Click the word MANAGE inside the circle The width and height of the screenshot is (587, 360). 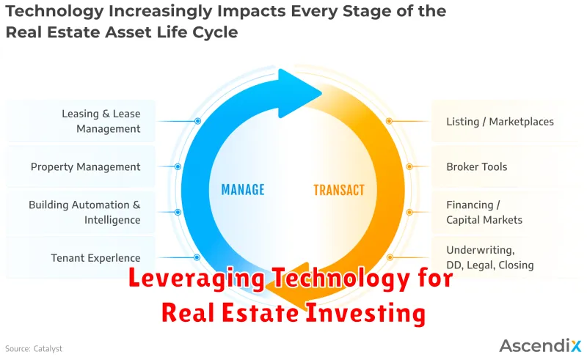pos(243,190)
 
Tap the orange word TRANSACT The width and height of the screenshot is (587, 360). pos(339,190)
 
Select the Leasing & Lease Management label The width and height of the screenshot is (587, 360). pos(101,121)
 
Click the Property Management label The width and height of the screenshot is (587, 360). pos(85,167)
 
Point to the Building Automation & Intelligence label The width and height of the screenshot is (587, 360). pos(84,212)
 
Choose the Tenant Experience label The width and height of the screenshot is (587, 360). pos(96,258)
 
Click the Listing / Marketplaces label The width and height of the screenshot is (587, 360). pos(500,122)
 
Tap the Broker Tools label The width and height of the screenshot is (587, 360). pos(476,166)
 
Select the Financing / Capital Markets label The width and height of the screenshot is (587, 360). pos(484,212)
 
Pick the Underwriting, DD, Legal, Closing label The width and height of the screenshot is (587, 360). pos(489,257)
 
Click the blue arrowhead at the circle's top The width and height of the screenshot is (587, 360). pos(298,93)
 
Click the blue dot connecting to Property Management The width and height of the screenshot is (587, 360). pos(178,166)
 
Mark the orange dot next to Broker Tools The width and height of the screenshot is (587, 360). pos(409,166)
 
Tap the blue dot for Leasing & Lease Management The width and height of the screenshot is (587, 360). pos(197,121)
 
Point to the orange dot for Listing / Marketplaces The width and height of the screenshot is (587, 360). pos(390,121)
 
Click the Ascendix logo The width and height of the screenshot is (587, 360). pos(540,345)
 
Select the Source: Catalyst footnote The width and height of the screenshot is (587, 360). pos(34,349)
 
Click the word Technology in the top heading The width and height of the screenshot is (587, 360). pos(54,12)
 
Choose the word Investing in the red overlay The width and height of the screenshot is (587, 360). pos(365,313)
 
